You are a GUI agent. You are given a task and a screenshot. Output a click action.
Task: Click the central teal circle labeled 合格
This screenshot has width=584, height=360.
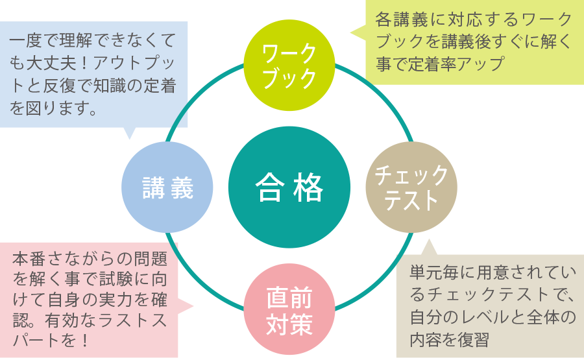[289, 188]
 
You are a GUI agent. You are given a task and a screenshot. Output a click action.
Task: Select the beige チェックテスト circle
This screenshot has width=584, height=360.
[411, 188]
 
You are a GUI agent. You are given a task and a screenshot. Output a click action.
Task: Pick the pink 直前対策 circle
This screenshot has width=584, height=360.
[289, 310]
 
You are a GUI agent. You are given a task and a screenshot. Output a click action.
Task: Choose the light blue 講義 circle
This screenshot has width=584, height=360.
[167, 188]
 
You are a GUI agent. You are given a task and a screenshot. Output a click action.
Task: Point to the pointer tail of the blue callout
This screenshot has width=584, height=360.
[130, 134]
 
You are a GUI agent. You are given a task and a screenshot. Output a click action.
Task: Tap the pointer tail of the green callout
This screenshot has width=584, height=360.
[356, 31]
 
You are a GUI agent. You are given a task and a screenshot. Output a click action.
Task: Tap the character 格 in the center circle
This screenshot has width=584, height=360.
[308, 188]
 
